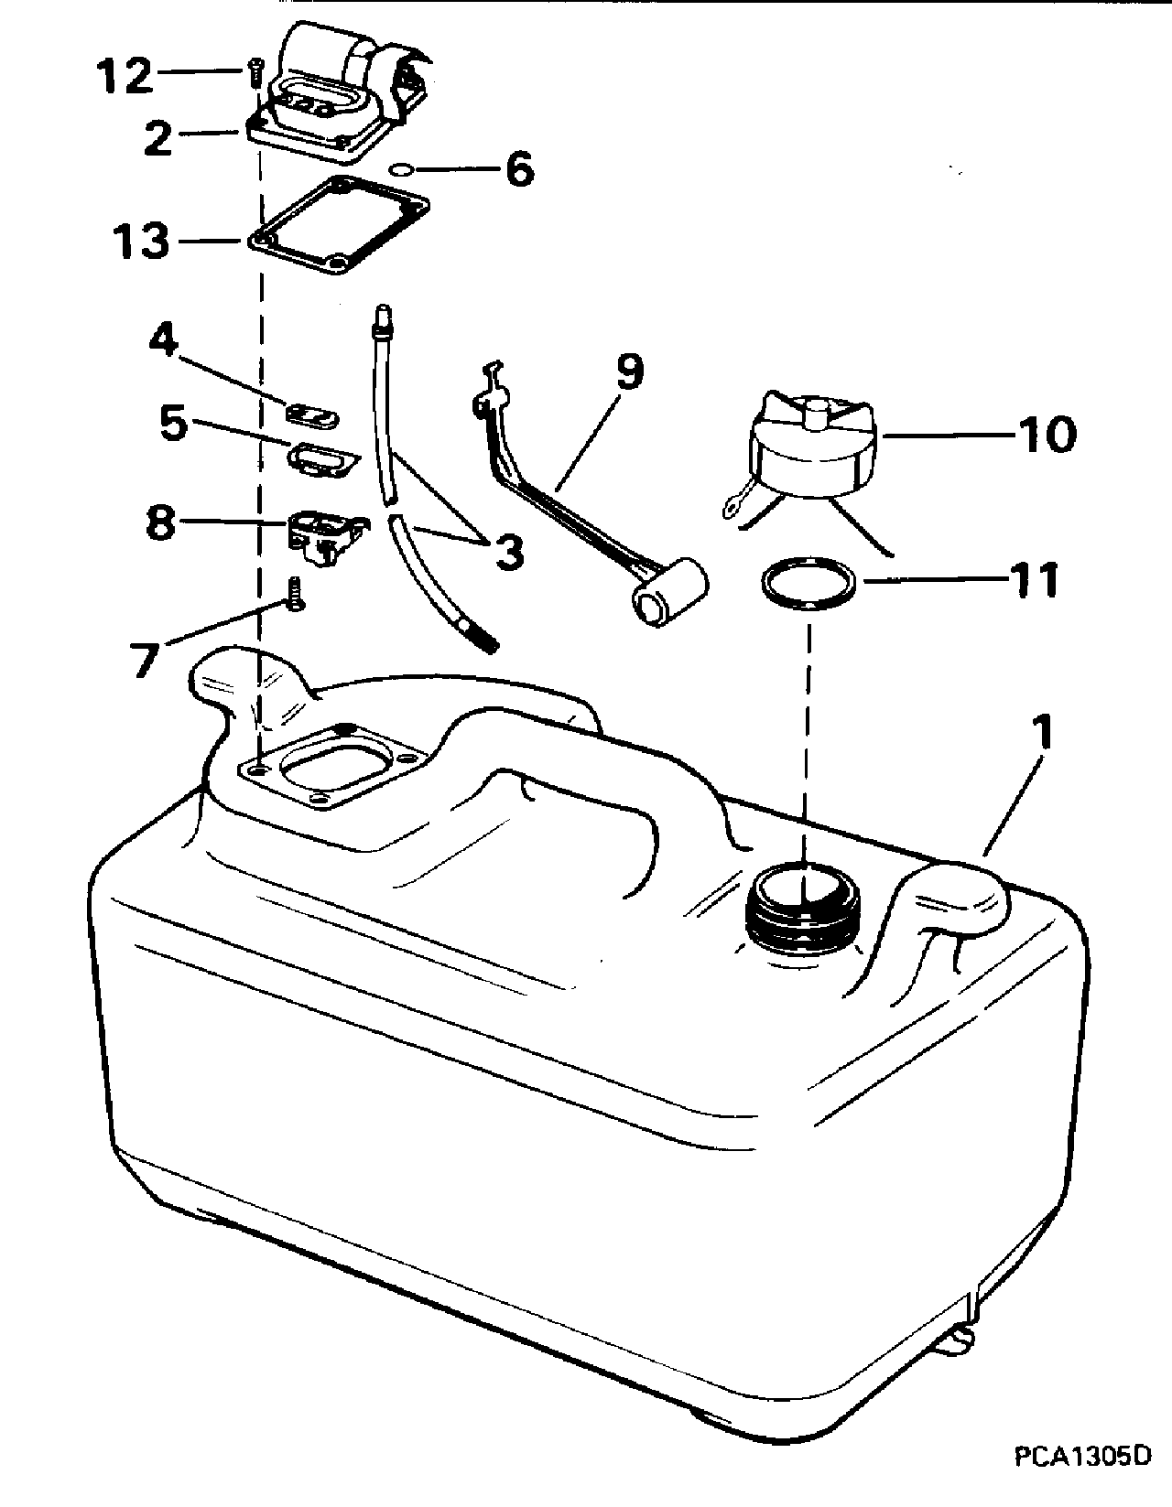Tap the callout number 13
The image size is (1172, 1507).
click(141, 241)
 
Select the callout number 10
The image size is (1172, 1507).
click(1047, 435)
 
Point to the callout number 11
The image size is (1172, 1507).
click(1031, 580)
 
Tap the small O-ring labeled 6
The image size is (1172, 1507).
click(400, 169)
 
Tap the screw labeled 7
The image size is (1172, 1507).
click(296, 595)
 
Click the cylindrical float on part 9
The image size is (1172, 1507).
click(670, 592)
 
